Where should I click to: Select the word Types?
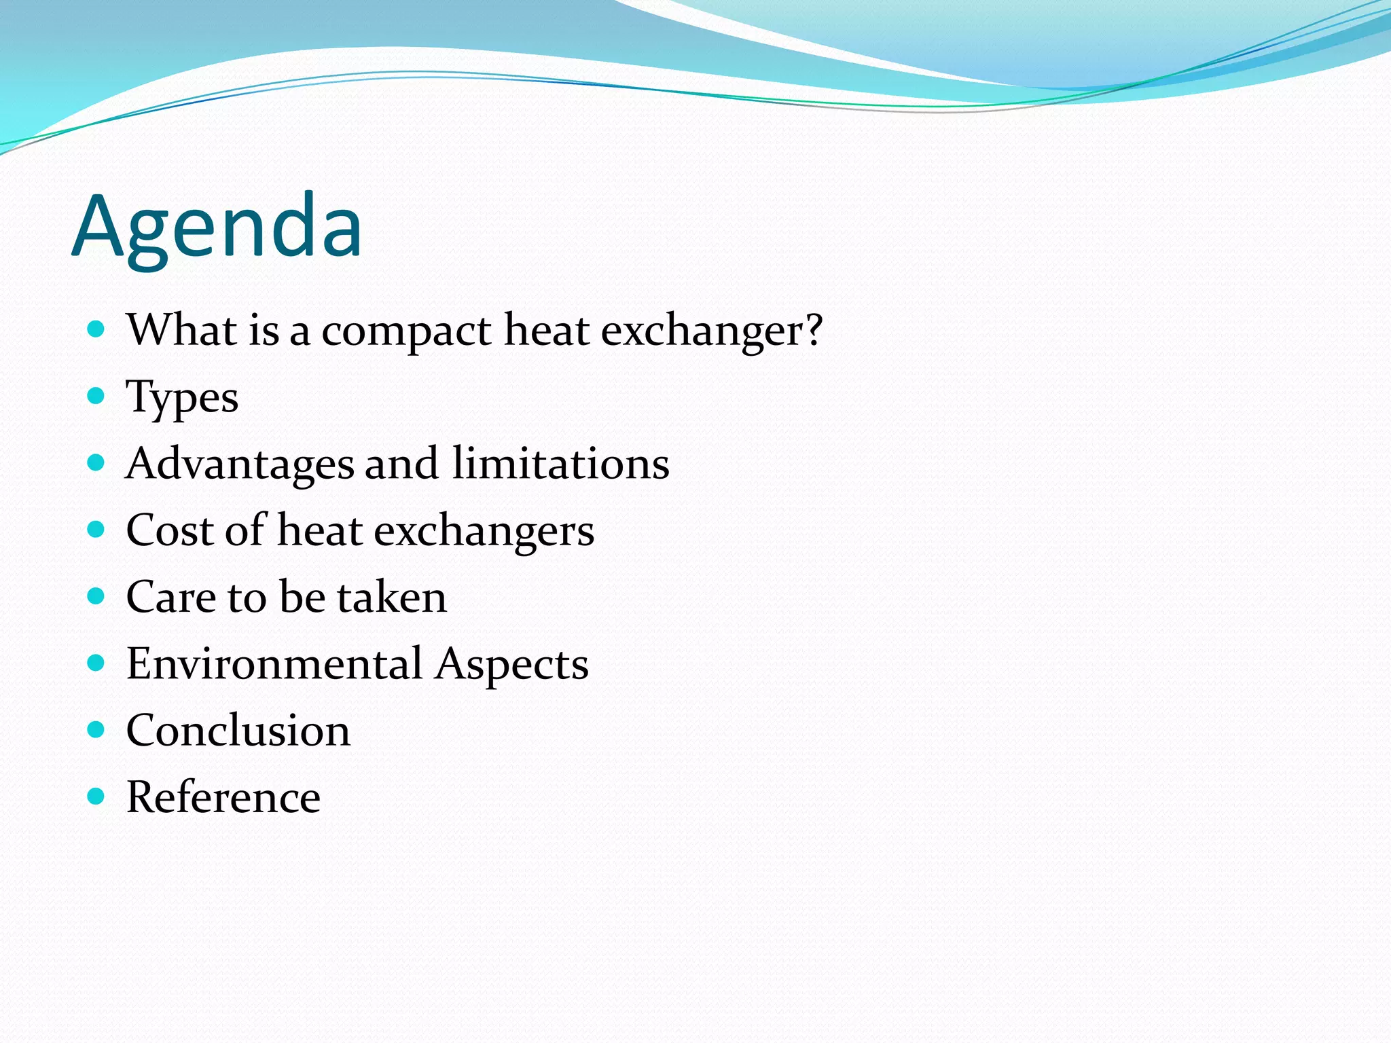point(182,397)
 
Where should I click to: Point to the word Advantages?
point(240,464)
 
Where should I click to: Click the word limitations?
point(561,464)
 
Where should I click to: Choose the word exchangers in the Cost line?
point(484,530)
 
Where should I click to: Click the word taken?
point(393,597)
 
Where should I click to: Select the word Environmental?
point(274,663)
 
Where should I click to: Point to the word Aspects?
point(512,663)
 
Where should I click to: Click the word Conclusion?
point(238,731)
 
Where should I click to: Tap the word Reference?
point(223,797)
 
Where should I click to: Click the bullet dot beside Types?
point(96,395)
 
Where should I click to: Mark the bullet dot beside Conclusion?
point(96,729)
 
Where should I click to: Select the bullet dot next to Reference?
point(96,796)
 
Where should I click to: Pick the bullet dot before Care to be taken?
point(96,596)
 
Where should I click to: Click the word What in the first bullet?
point(182,331)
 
